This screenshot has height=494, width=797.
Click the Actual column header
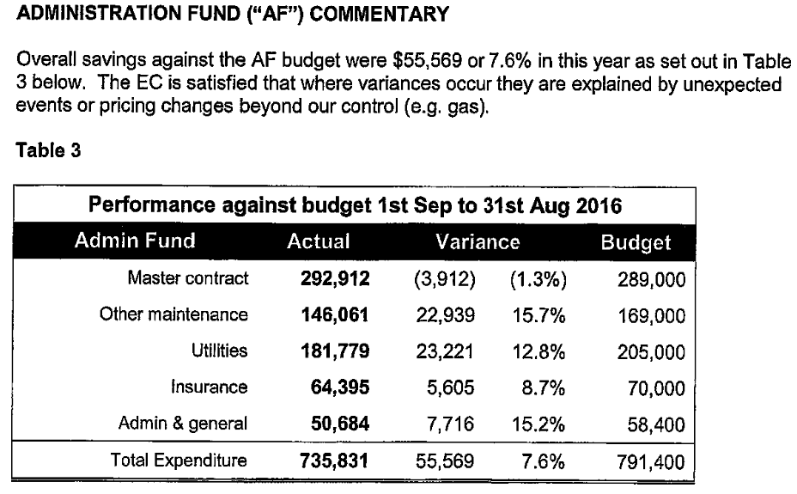[319, 241]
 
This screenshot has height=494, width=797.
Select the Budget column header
[636, 242]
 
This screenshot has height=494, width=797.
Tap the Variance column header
[478, 242]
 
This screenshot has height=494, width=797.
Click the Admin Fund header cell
[135, 241]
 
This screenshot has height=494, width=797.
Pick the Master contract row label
[188, 278]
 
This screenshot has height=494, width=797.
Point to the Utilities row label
[220, 351]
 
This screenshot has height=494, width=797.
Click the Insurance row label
[210, 387]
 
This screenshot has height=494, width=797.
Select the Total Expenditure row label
[179, 460]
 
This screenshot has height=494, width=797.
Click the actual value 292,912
[335, 278]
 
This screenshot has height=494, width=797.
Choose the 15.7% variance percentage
[538, 315]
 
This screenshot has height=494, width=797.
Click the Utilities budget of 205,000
[651, 352]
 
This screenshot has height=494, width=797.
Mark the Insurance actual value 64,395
[340, 387]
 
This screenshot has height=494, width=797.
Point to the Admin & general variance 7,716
[450, 424]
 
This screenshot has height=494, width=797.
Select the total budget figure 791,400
[651, 462]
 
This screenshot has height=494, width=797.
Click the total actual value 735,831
[334, 461]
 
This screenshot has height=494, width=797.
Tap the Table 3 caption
[48, 150]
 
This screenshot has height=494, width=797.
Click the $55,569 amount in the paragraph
[428, 60]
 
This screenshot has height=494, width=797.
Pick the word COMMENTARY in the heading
[380, 14]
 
